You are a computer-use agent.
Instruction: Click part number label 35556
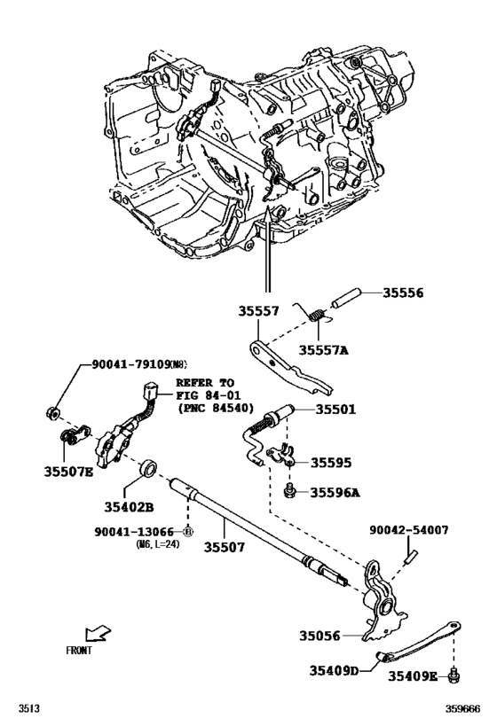click(x=404, y=293)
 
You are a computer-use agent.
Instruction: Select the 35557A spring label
click(x=320, y=350)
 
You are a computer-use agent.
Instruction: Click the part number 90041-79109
click(x=130, y=364)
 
